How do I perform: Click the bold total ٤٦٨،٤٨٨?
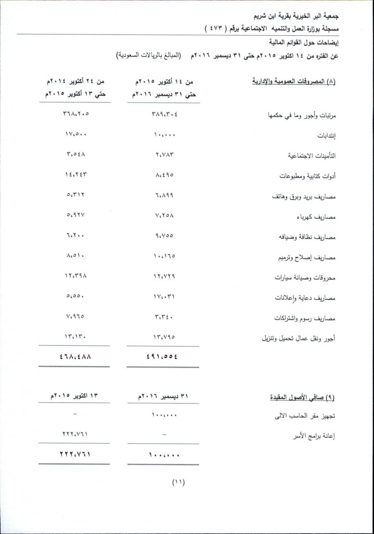[74, 356]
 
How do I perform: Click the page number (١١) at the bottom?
[178, 482]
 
